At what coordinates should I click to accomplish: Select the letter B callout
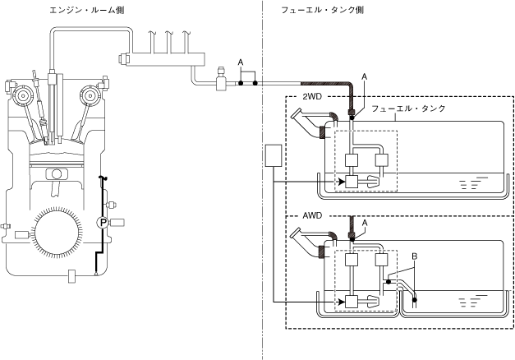[415, 256]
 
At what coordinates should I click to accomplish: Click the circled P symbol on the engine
[103, 222]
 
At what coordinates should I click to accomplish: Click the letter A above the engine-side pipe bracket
[240, 62]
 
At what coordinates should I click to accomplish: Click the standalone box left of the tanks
[274, 157]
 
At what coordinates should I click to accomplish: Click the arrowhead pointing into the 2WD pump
[341, 181]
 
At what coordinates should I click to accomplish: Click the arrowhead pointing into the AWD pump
[341, 300]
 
